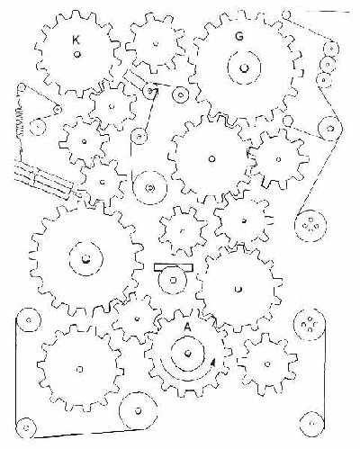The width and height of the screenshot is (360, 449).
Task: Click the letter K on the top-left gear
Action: coord(76,40)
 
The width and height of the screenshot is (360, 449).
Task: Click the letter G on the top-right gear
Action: coord(239,37)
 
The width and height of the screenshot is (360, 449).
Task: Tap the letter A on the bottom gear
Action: coord(187,328)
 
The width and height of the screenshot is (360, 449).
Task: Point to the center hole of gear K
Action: coord(76,54)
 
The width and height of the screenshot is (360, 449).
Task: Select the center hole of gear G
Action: coord(244,68)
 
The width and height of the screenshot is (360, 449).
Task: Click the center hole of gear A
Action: coord(188,353)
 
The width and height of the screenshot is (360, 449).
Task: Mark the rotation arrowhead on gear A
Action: coord(213,362)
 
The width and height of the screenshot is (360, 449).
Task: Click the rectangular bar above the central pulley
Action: coord(173,267)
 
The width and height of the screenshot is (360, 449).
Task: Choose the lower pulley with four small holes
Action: coord(310,326)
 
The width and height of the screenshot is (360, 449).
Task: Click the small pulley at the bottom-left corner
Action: coord(26,427)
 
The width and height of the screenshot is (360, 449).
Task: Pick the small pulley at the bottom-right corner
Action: coord(312,424)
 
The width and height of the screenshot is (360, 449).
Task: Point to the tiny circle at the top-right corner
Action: coord(286,13)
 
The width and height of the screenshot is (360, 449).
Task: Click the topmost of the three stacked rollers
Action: coord(331,48)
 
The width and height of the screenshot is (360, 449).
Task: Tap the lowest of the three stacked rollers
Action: coord(324,80)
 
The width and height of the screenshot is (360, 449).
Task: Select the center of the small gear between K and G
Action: coord(156,44)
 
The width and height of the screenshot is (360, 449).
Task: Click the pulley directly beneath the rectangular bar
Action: coord(173,281)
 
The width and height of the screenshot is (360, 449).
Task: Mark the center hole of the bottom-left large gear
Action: coord(80,369)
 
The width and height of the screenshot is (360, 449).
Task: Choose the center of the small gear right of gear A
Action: coord(267,364)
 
